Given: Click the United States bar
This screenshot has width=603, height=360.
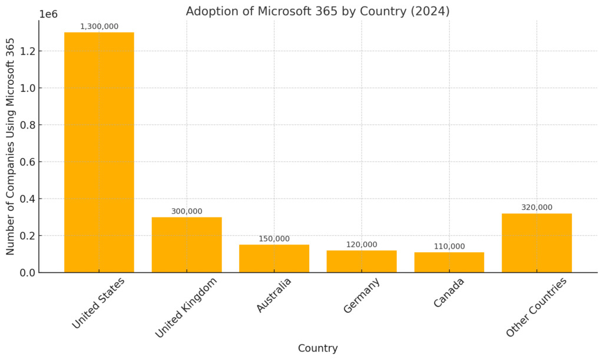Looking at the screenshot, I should (99, 152).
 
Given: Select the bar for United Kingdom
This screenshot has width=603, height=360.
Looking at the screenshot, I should (187, 245).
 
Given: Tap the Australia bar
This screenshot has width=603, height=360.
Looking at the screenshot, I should (274, 258).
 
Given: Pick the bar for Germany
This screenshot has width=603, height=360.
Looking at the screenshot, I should (362, 261).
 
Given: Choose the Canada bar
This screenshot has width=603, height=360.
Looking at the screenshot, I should (449, 262).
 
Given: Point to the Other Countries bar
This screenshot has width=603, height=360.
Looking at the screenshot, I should (536, 243).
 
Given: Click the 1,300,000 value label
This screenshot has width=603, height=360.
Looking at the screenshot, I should (99, 27).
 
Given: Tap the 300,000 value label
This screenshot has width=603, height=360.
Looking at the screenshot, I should (187, 211).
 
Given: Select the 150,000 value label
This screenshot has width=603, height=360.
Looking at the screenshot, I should (274, 239).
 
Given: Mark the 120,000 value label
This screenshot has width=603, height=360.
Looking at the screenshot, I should (362, 245).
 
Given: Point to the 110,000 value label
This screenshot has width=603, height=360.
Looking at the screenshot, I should (449, 246).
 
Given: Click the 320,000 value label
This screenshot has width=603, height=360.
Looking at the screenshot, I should (536, 207).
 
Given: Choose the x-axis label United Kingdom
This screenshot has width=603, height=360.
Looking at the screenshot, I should (186, 307).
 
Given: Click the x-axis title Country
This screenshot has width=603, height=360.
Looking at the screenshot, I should (317, 348).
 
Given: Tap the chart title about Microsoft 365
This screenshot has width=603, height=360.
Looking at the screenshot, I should (317, 11).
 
